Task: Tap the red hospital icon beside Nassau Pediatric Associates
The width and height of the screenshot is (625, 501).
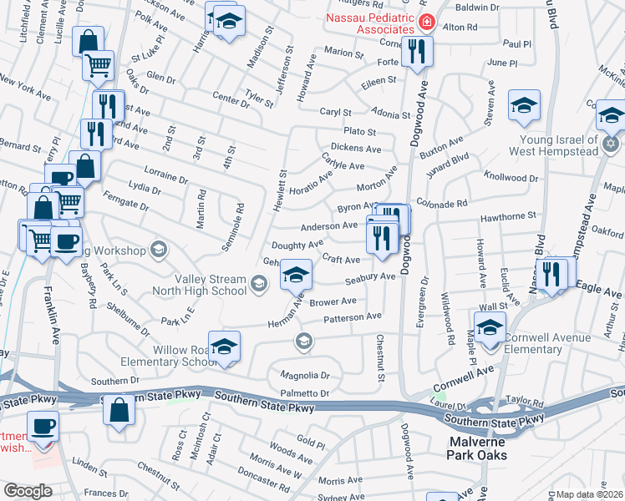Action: [x=427, y=22]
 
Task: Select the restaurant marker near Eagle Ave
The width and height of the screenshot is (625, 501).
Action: [x=551, y=273]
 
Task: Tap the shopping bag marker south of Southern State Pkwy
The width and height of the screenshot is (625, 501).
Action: [x=119, y=411]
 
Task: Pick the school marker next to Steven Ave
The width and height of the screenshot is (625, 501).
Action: [x=524, y=105]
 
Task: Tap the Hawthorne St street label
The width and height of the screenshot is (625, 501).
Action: [x=507, y=216]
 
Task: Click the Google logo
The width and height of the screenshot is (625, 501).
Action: [x=28, y=491]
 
